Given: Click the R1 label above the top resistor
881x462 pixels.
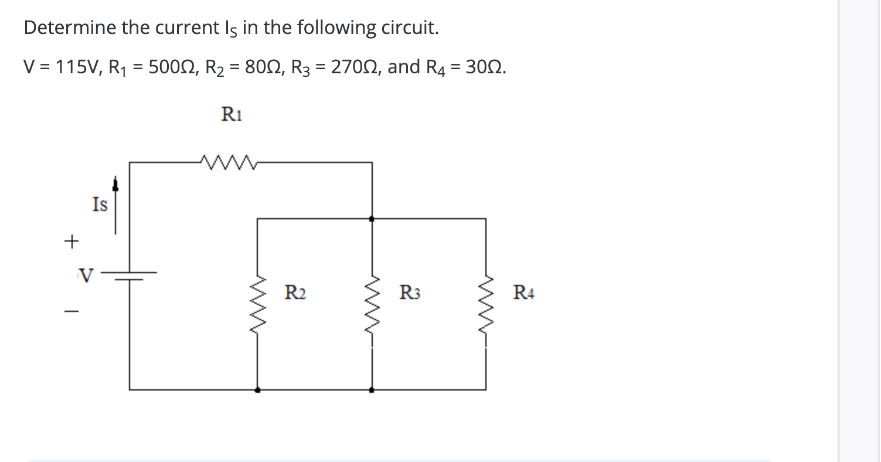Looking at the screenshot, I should pos(232,114).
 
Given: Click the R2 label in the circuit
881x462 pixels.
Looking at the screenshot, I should pos(294,291).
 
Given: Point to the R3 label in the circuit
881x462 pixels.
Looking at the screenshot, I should pos(409,291).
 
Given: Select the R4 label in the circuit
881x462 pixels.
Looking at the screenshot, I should pos(523,291).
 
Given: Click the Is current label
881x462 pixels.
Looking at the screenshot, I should pos(100,205).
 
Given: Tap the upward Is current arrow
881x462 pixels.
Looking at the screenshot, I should pos(115,205).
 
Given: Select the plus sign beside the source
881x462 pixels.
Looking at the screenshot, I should pos(71,241).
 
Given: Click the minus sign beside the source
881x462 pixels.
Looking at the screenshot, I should pos(71,311).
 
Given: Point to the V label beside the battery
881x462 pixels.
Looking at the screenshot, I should pos(86,274).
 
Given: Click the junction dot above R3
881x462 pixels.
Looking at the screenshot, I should pos(372,218).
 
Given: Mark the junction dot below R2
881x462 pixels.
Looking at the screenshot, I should pos(257,389).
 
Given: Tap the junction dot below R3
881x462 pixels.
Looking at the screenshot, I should pos(372,389).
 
